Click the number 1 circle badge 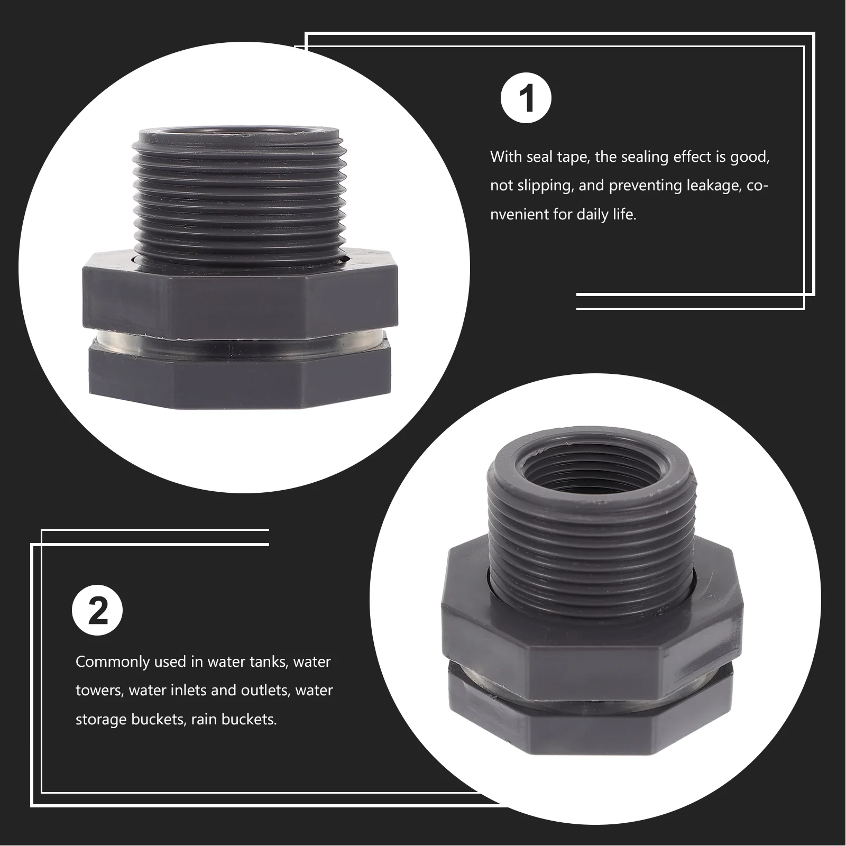[x=526, y=99]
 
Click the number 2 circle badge [x=97, y=612]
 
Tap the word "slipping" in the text [x=539, y=186]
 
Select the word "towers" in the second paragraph [x=98, y=691]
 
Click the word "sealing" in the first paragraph [x=649, y=157]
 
